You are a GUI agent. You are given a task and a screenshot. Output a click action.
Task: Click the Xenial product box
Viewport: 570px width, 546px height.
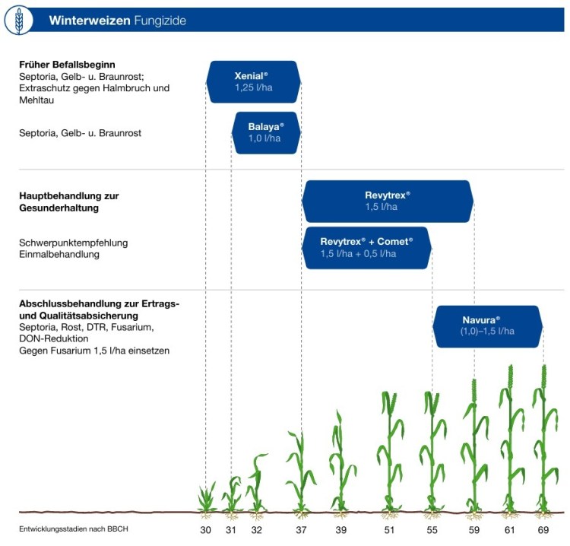(x=253, y=82)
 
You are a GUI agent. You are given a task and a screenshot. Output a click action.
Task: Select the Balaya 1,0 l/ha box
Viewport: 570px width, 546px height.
(x=266, y=133)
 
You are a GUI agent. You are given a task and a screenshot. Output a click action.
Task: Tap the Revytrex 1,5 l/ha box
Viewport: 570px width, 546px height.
(x=388, y=202)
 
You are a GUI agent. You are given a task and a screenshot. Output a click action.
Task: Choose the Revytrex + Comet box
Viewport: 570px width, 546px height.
(x=366, y=248)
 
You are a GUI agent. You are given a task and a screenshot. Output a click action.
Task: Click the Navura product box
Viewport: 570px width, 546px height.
(x=487, y=326)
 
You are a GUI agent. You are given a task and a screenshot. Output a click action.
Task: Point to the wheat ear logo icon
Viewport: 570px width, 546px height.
(x=18, y=21)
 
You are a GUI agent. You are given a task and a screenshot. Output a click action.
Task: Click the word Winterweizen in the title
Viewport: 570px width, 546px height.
(x=90, y=21)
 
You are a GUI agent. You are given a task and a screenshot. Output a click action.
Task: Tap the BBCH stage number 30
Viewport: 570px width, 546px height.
(x=205, y=529)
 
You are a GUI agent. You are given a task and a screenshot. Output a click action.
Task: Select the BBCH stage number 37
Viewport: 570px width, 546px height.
(x=301, y=529)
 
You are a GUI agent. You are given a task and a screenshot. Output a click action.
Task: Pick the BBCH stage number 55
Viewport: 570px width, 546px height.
(x=432, y=529)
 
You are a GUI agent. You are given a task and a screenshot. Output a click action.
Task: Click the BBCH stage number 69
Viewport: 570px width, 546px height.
(x=543, y=529)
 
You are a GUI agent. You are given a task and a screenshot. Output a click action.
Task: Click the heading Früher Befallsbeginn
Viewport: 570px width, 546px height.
(x=67, y=65)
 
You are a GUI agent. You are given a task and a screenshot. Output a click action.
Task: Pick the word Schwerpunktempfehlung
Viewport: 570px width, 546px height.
(x=74, y=243)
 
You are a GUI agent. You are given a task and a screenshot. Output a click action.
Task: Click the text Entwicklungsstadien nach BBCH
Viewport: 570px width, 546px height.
(x=74, y=529)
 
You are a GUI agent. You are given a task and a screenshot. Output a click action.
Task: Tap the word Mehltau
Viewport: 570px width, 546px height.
(x=36, y=100)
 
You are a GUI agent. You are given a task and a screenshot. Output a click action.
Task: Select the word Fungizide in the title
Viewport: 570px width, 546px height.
(x=160, y=21)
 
